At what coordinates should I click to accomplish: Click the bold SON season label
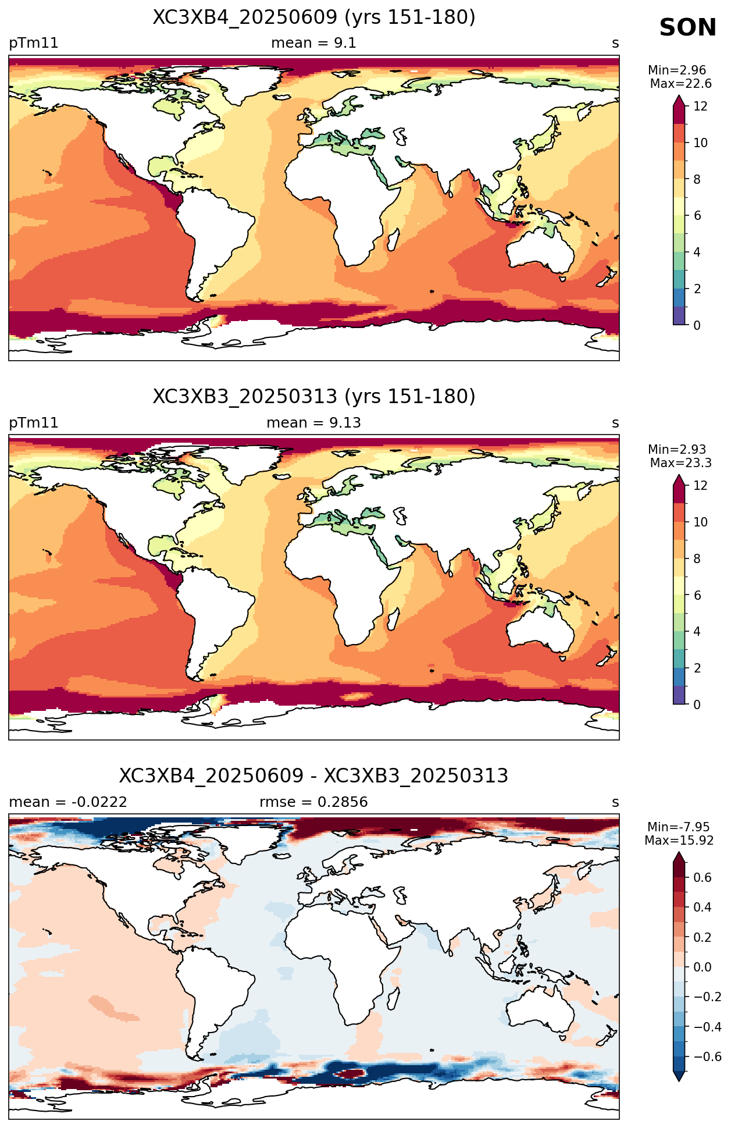pos(687,28)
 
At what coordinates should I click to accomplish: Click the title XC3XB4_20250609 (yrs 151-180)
pos(314,17)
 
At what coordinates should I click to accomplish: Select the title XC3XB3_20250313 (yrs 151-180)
pos(314,397)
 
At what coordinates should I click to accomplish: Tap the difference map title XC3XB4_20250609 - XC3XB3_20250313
pos(314,776)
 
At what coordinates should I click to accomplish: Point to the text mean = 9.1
pos(314,43)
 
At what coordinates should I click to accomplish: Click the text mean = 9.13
pos(314,423)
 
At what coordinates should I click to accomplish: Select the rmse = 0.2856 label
pos(314,802)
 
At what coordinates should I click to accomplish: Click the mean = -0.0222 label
pos(68,802)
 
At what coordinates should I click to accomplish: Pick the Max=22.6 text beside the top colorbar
pos(680,84)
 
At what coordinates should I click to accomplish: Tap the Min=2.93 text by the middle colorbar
pos(677,450)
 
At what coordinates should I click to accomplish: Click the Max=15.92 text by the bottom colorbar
pos(679,841)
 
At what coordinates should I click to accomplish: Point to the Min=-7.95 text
pos(679,827)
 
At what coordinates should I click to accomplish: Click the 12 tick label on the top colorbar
pos(700,106)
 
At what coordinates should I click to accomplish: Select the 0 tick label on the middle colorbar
pos(697,704)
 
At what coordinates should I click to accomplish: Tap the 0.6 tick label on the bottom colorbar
pos(703,877)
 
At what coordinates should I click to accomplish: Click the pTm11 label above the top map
pos(34,44)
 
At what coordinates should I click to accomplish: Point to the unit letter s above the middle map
pos(615,424)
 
